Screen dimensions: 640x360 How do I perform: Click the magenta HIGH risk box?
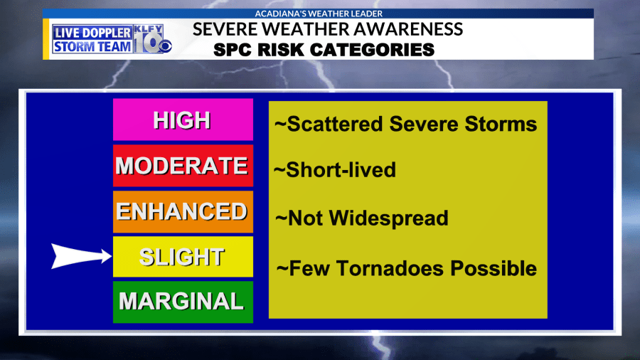point(183,120)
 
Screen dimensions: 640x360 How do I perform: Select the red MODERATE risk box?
point(183,165)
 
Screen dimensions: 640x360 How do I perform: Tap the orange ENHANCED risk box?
point(183,211)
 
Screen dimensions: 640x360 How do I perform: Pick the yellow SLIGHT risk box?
point(183,257)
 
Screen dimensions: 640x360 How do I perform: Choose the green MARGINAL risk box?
point(183,302)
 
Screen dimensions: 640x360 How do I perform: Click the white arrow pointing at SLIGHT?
point(81,256)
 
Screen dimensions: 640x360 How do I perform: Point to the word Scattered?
point(335,124)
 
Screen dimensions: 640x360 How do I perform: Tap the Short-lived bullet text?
point(335,170)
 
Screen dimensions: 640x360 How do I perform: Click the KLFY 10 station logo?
point(153,39)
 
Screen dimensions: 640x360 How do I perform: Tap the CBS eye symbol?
point(165,46)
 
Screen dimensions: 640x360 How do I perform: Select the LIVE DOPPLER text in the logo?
point(92,33)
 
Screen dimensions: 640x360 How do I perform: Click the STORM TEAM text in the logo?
point(92,46)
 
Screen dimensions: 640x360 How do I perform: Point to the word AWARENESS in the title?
point(407,29)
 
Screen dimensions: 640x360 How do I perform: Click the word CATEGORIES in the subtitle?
point(372,51)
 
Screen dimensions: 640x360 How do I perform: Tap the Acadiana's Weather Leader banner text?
point(319,14)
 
